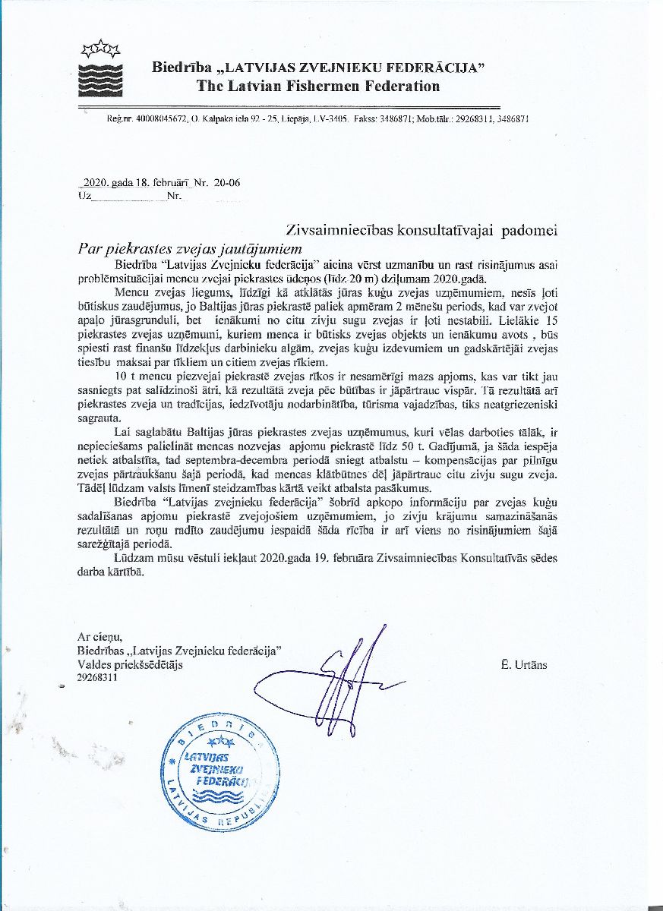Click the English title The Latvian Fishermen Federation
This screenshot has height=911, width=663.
tap(318, 86)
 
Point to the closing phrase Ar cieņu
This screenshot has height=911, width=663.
tap(99, 636)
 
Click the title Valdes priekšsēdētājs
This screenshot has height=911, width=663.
tap(130, 664)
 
